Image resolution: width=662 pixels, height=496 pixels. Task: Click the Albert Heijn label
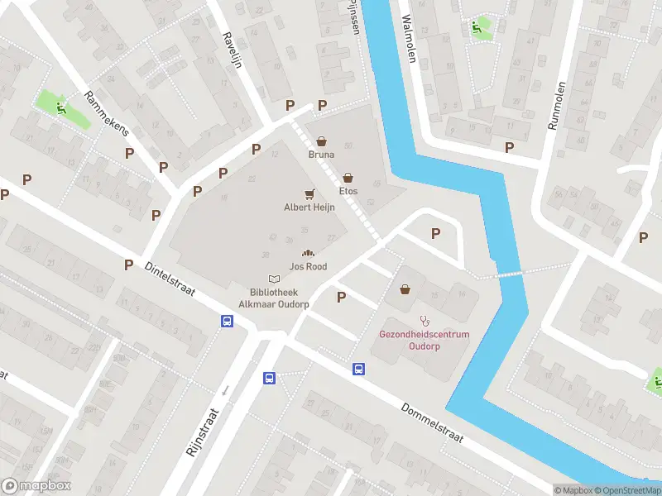pos(309,208)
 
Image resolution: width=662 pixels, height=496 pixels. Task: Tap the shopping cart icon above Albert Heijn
pos(309,194)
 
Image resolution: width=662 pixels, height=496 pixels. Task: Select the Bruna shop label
pos(321,155)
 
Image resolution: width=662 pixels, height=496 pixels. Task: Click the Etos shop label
pos(348,191)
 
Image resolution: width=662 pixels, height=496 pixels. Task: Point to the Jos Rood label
pos(308,267)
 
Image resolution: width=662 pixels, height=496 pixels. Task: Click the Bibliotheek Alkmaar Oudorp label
pos(273,298)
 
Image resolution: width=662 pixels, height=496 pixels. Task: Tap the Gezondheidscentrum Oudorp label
pos(424,340)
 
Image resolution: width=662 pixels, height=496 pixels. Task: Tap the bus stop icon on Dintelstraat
pos(226,322)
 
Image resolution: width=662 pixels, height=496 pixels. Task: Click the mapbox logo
pos(36,486)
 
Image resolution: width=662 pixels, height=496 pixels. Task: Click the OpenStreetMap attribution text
pos(626,490)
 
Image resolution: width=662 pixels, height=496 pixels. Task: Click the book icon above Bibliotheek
pos(273,280)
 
